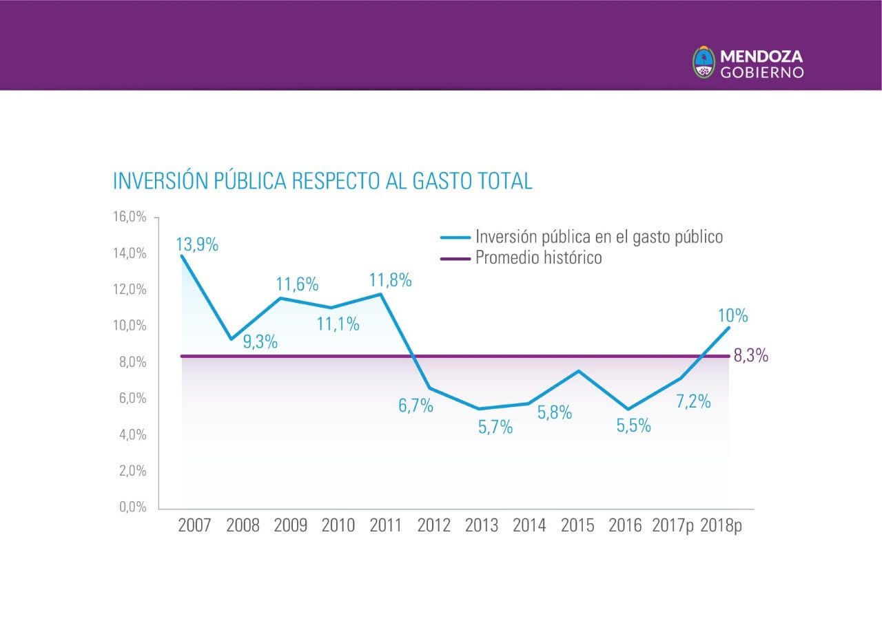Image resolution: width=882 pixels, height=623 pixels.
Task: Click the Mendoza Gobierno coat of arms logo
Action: click(704, 63)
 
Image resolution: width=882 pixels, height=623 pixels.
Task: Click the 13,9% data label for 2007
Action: click(197, 244)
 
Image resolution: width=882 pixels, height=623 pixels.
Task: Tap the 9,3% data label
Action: click(260, 341)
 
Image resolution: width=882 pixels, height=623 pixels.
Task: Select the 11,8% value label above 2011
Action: click(390, 280)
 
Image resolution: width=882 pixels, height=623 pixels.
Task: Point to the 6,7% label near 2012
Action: click(416, 405)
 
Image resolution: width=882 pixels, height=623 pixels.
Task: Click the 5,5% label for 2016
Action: click(633, 425)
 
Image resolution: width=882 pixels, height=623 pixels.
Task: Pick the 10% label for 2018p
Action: click(732, 316)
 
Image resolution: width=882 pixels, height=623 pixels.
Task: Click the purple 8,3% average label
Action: click(751, 357)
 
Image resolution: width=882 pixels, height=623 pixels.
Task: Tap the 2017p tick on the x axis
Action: click(673, 526)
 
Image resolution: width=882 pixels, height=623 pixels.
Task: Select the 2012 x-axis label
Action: click(434, 526)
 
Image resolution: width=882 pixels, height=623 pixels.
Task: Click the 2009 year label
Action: click(291, 526)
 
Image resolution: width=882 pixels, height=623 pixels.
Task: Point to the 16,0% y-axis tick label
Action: click(130, 218)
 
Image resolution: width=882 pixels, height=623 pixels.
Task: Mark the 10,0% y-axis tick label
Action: click(130, 326)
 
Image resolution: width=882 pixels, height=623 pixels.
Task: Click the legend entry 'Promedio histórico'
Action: click(538, 258)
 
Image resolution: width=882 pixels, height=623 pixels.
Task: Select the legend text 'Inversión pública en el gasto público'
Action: click(599, 237)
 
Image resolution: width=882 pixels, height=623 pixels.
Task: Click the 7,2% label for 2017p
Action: click(693, 402)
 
